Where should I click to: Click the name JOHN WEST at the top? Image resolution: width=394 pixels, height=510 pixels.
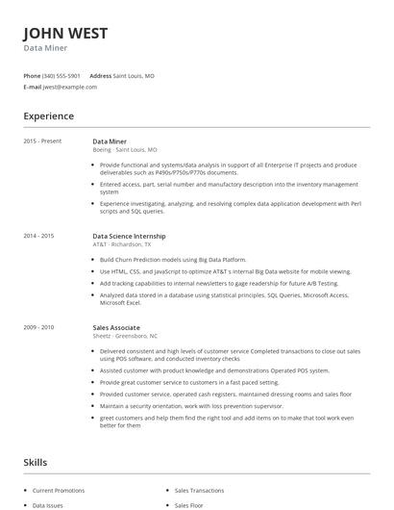[x=65, y=34]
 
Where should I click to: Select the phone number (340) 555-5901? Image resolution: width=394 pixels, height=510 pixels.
[x=62, y=75]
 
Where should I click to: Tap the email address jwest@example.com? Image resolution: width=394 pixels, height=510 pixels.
[x=70, y=87]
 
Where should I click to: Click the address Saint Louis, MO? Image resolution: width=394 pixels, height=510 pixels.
[x=134, y=75]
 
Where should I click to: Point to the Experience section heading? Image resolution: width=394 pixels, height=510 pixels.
[x=48, y=116]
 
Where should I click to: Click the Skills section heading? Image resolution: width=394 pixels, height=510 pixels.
[x=36, y=463]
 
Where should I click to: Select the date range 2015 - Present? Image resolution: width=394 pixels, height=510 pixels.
[x=42, y=140]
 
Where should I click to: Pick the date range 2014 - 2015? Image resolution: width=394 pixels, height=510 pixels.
[x=38, y=236]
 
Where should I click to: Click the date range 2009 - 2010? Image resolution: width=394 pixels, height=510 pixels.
[x=38, y=327]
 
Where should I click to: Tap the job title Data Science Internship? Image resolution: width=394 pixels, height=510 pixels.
[x=129, y=236]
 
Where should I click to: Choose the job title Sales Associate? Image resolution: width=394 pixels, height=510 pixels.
[x=115, y=327]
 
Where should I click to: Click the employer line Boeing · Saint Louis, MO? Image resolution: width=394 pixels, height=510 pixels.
[x=124, y=150]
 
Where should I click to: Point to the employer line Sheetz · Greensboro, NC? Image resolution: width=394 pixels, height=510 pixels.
[x=125, y=336]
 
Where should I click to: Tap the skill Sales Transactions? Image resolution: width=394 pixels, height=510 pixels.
[x=199, y=490]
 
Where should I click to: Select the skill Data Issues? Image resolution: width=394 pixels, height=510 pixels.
[x=47, y=504]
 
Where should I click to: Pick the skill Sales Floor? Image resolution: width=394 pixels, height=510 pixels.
[x=188, y=504]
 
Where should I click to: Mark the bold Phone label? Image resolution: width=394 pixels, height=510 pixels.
[x=32, y=75]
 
